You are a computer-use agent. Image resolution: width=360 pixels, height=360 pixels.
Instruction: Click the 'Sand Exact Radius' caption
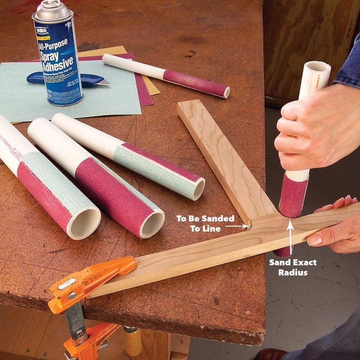click(x=292, y=267)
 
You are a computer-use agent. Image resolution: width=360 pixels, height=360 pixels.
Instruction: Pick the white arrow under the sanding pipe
click(x=291, y=238)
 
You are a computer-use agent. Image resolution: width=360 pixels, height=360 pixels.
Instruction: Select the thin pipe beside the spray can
click(x=166, y=74)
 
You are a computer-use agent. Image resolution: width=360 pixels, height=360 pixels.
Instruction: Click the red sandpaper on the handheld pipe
click(x=293, y=196)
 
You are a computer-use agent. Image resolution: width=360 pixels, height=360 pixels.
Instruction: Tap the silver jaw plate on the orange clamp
click(x=66, y=284)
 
